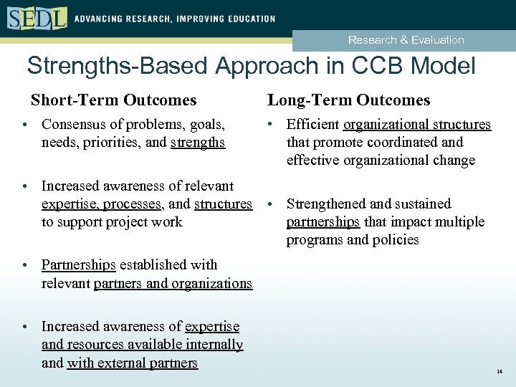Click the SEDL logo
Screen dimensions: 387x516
pos(37,17)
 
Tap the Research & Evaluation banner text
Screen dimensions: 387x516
pos(406,40)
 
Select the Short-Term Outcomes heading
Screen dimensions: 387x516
pos(113,100)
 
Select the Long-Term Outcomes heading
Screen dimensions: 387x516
pos(348,100)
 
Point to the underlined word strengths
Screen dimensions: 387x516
pos(198,142)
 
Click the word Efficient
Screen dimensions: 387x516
pos(313,124)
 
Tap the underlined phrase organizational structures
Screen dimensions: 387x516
pos(417,124)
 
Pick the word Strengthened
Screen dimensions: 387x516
pos(328,204)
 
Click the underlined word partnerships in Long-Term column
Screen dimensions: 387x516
pos(323,221)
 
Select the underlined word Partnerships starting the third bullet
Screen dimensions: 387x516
pos(79,264)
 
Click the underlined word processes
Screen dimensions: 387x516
pos(133,204)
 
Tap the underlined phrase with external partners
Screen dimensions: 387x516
pos(132,363)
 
